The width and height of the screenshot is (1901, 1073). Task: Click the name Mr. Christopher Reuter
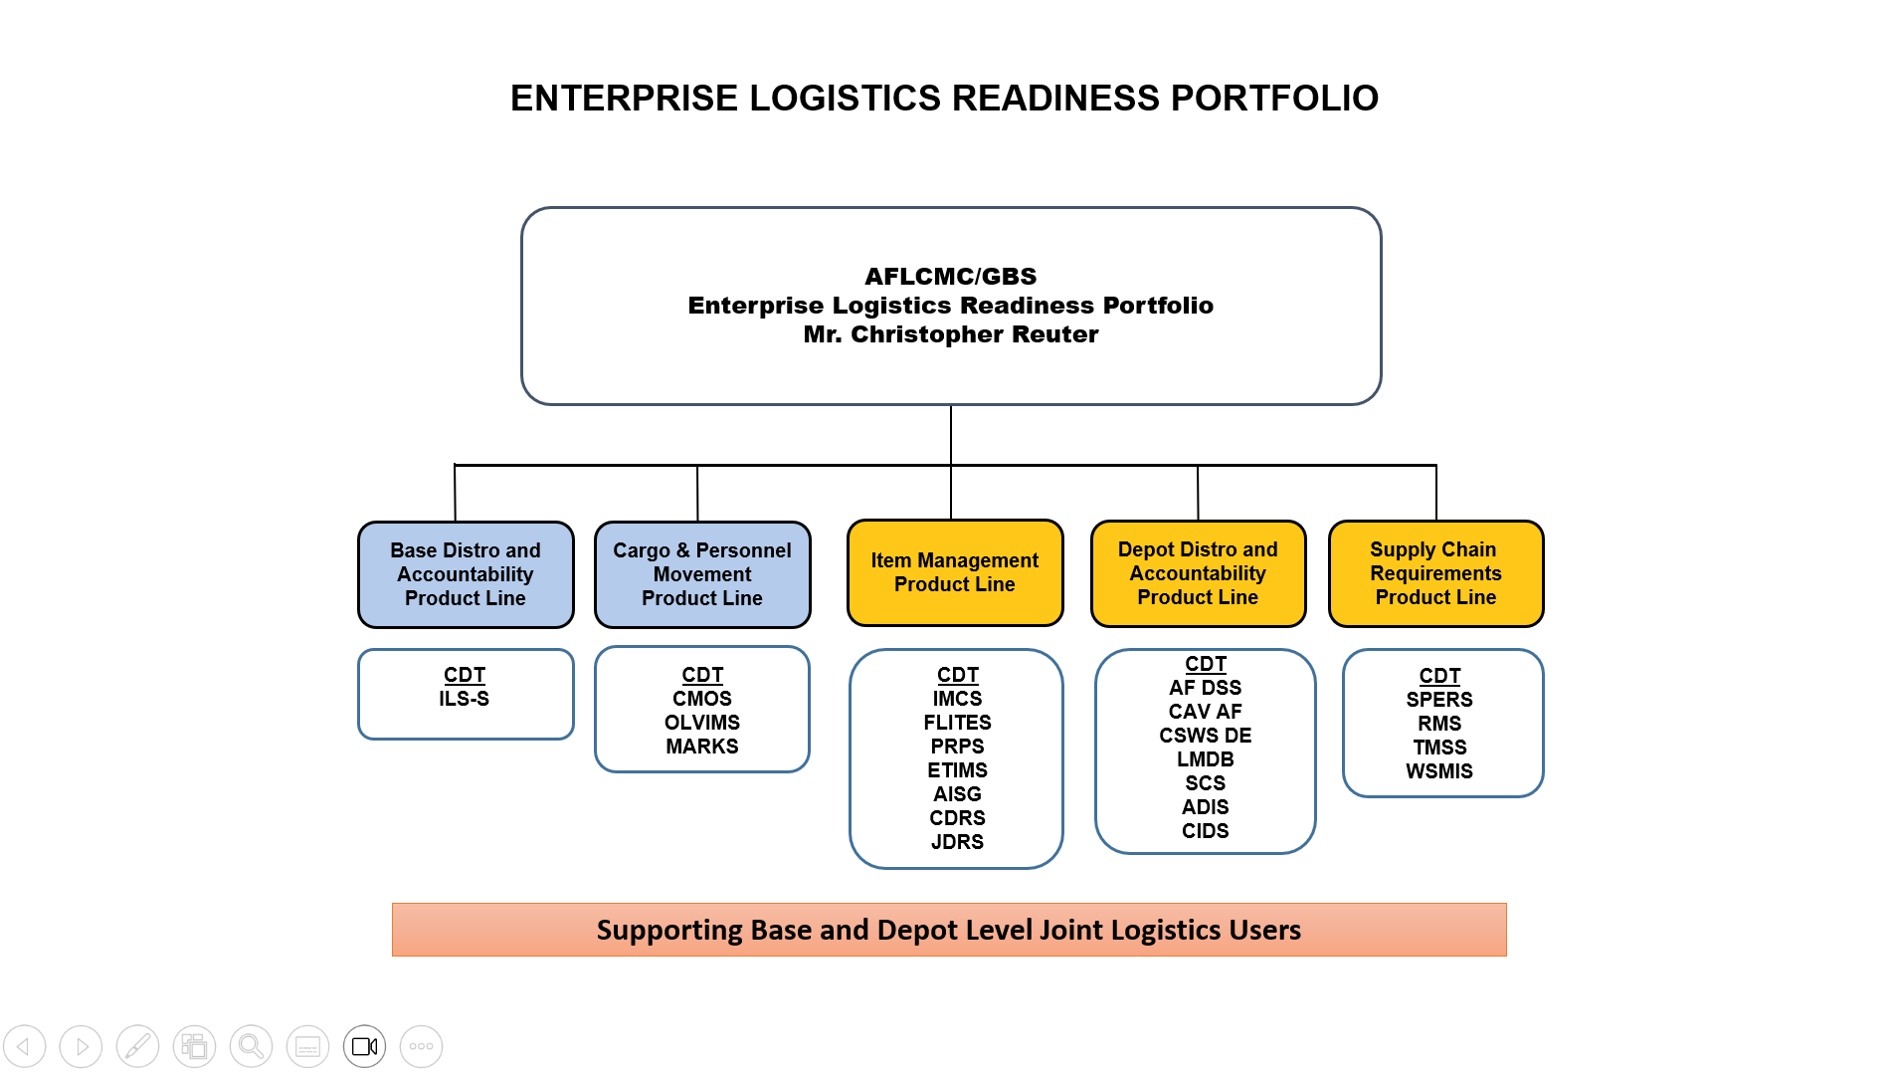950,334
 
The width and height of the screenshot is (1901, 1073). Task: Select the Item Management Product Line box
954,572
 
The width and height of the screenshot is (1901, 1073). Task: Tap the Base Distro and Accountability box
465,574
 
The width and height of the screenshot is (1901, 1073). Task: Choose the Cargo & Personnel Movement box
701,574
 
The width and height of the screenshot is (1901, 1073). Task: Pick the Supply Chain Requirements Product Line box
1434,573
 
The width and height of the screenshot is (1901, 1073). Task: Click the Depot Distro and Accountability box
1197,573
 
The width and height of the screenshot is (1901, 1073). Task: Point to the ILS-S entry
464,699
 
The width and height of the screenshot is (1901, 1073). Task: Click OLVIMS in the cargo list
701,723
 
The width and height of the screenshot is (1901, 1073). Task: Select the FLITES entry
957,723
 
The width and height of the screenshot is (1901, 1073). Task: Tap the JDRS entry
957,842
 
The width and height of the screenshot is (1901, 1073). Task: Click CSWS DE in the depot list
1205,736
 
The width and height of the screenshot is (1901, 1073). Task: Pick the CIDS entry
1205,831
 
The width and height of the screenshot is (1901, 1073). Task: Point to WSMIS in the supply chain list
1438,771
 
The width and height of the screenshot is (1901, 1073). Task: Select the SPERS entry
1438,700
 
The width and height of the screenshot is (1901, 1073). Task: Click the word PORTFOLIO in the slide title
1273,99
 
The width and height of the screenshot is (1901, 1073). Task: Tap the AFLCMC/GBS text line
950,277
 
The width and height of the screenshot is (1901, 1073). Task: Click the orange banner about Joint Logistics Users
948,930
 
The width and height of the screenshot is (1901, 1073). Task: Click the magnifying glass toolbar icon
251,1046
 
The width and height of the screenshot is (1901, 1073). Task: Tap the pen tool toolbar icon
137,1046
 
